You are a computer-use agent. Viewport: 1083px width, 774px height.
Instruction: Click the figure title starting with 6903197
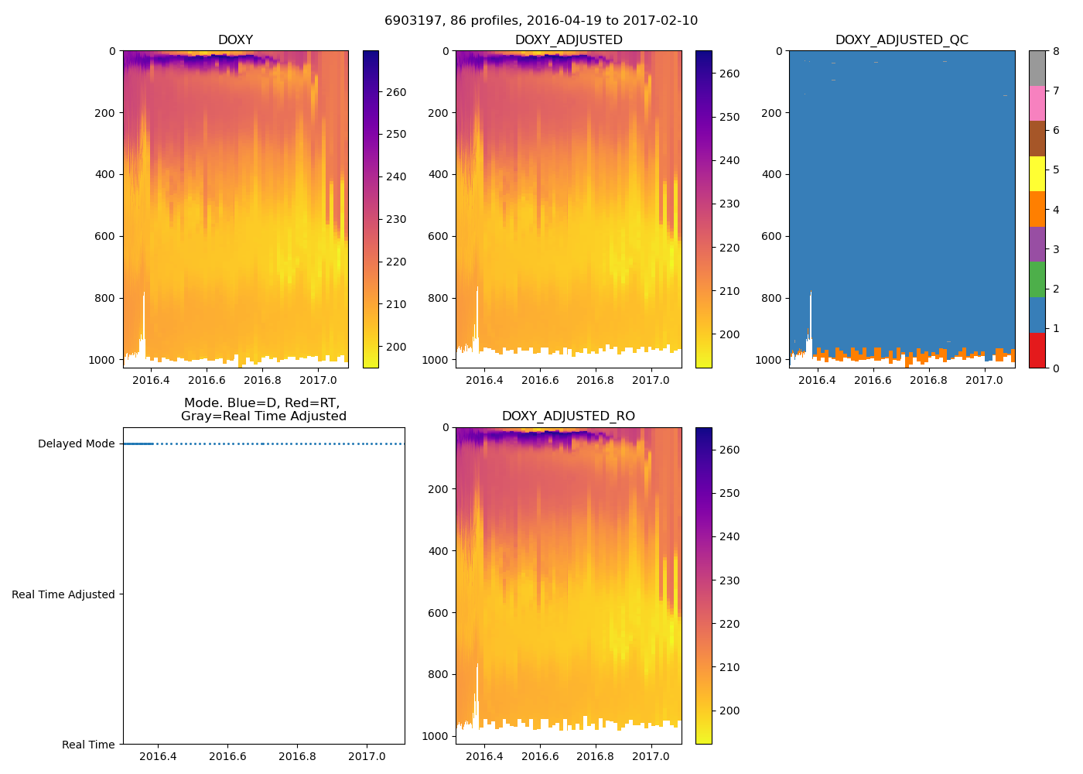click(x=541, y=21)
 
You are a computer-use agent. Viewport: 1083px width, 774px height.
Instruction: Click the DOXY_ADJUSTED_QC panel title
click(x=901, y=40)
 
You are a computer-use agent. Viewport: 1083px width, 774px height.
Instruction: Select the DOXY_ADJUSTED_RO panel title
click(x=568, y=416)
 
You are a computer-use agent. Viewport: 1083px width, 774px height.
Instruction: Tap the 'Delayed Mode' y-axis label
click(x=76, y=444)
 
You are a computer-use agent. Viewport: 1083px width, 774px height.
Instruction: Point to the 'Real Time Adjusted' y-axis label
click(x=63, y=594)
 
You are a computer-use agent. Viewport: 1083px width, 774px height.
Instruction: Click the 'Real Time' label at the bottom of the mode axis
click(x=88, y=745)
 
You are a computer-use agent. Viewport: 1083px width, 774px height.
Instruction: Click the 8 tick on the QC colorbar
click(x=1056, y=51)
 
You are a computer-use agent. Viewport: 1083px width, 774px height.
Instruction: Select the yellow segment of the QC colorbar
click(x=1037, y=173)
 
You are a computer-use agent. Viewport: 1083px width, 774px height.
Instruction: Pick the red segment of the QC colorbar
click(x=1037, y=350)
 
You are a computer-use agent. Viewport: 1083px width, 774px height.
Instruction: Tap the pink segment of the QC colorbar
click(x=1037, y=103)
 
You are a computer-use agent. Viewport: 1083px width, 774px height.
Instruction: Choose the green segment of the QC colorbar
click(x=1037, y=279)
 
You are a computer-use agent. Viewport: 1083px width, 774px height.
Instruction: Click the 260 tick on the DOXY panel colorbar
click(x=395, y=92)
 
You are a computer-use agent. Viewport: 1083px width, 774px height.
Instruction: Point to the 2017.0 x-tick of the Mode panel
click(x=367, y=756)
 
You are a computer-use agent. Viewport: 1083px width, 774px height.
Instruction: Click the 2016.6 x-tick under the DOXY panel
click(x=207, y=380)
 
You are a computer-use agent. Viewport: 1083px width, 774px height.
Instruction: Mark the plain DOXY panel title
click(x=235, y=40)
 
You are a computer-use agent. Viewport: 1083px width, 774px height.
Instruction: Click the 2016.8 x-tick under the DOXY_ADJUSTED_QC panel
click(x=928, y=380)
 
